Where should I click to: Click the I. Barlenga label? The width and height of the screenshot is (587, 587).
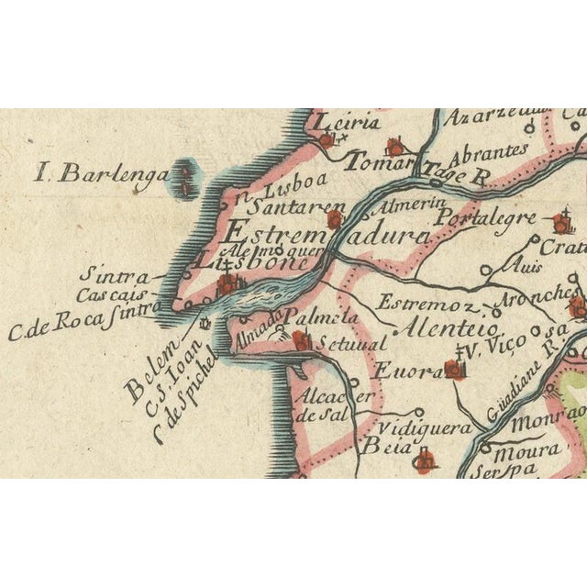coord(101,173)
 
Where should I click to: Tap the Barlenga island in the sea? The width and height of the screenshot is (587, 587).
coord(187,179)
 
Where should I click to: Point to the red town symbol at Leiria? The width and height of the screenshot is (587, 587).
coord(327,140)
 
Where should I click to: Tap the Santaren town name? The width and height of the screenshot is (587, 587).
coord(287,208)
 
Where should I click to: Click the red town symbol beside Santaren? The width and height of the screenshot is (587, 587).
coord(335,219)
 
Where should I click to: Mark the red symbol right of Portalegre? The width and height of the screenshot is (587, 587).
coord(560,222)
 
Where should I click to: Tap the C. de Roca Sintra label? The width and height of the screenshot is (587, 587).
coord(83,323)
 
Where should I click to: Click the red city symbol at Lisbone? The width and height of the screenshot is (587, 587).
coord(225,286)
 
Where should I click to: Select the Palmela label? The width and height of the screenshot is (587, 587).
coord(307,317)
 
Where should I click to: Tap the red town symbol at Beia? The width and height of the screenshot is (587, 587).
coord(424,461)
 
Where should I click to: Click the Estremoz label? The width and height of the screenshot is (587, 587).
coord(429,304)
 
